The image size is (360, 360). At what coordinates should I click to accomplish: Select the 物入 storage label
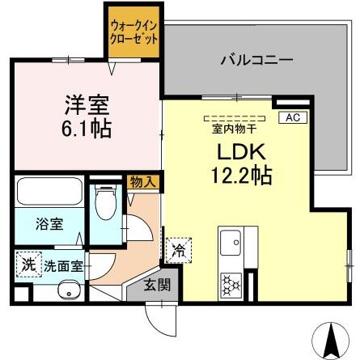[144, 183]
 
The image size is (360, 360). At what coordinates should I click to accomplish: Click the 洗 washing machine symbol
[28, 264]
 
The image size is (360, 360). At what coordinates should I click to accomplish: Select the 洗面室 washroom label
[61, 264]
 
